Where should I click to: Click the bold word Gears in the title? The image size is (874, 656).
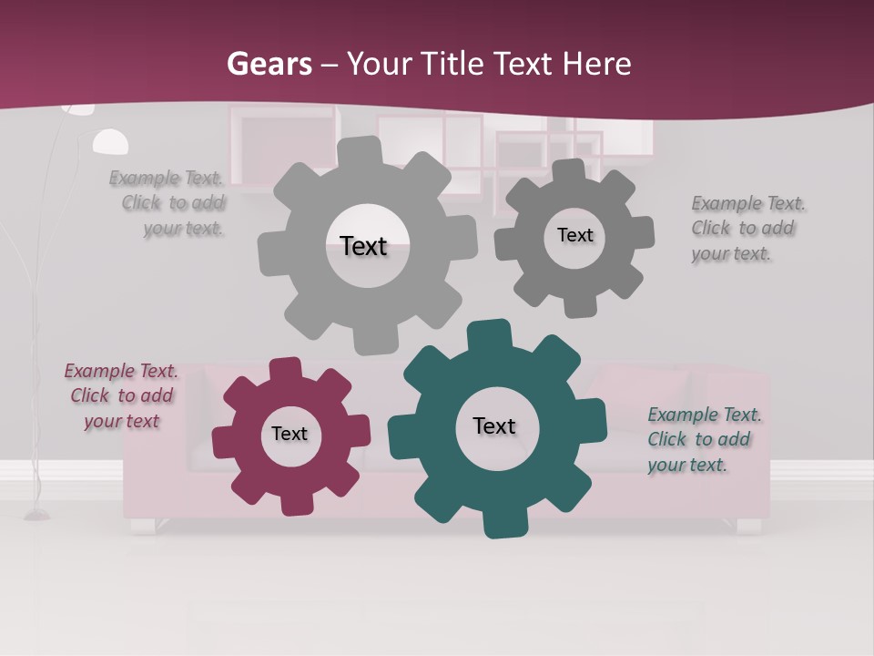[269, 64]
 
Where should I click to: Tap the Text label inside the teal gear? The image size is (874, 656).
[494, 425]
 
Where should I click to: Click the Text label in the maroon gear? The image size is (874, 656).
[290, 434]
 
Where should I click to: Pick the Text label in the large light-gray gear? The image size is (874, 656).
[363, 246]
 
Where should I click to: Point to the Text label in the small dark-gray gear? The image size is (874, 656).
[575, 235]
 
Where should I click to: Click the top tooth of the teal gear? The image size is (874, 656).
[490, 335]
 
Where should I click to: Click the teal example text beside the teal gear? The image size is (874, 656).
[704, 440]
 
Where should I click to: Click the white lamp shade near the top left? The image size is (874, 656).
[110, 142]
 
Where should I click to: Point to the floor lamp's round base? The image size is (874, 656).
[37, 515]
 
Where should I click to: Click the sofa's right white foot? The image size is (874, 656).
[748, 526]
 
